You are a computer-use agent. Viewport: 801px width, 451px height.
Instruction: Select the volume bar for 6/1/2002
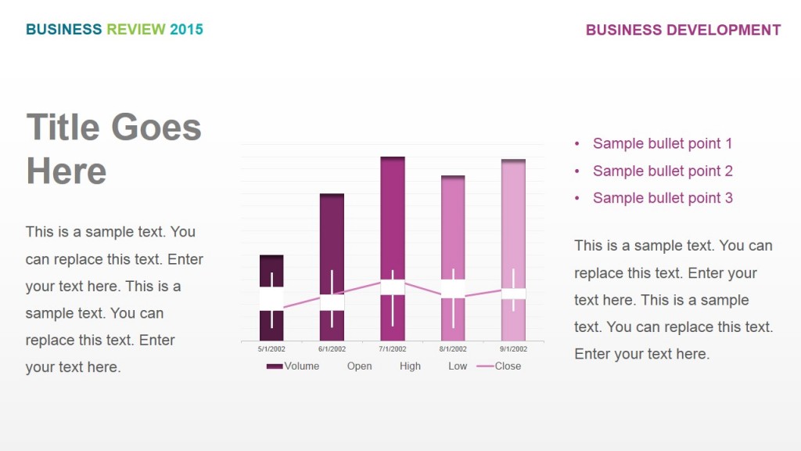[332, 235]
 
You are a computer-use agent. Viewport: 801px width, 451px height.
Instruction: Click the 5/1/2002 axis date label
[271, 349]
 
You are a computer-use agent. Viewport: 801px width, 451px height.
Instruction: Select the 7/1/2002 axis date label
[393, 349]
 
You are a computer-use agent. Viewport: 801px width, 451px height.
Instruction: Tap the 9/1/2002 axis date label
[513, 349]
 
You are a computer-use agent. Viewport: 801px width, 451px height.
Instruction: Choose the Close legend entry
[507, 366]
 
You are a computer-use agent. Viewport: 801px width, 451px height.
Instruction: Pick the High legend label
[410, 366]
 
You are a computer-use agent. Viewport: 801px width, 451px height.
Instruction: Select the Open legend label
[360, 366]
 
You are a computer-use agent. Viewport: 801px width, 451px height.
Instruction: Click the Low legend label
[458, 366]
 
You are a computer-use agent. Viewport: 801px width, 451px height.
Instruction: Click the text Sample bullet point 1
[663, 143]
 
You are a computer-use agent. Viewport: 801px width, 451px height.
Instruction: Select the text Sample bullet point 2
[663, 171]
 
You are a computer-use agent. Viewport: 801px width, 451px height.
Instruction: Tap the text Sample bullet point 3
[663, 198]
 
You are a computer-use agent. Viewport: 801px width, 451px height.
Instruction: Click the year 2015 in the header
[186, 30]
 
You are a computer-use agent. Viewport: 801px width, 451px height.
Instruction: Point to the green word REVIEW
[136, 30]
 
